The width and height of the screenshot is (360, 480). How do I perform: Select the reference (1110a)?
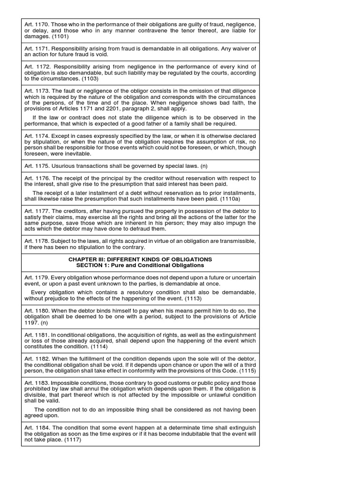tap(242, 199)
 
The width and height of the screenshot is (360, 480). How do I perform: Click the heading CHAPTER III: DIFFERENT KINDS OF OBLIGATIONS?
tap(140, 259)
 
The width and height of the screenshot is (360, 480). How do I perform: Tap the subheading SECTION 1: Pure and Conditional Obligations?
tap(140, 265)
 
